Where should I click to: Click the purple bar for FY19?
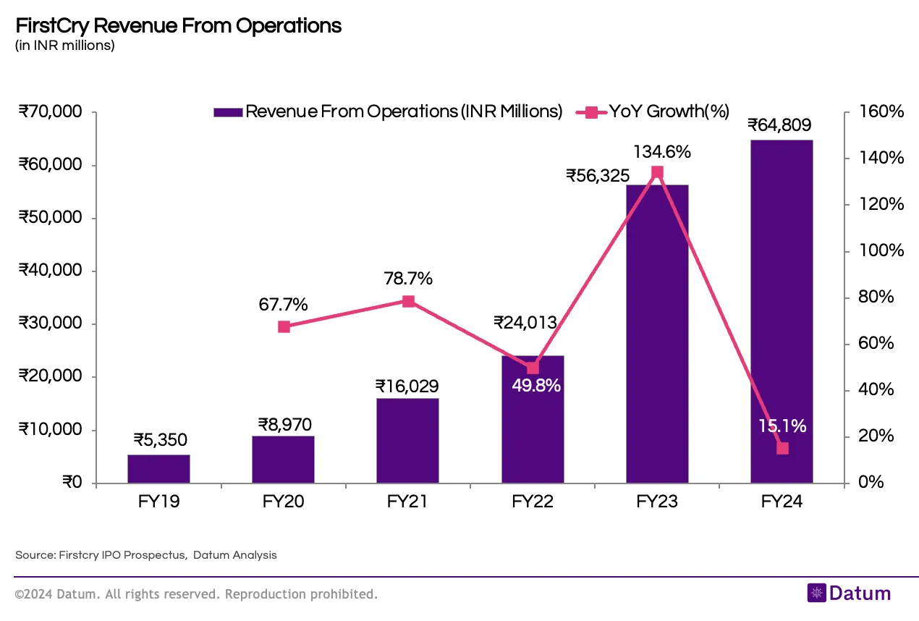click(x=158, y=469)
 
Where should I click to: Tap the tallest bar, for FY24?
click(x=782, y=311)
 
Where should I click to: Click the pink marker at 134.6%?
click(x=657, y=172)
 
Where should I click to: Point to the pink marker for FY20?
click(x=284, y=326)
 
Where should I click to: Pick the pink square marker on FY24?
click(x=782, y=448)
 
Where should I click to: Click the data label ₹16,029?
click(x=407, y=386)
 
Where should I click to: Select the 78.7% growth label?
click(x=408, y=279)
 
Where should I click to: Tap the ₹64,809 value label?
click(x=780, y=125)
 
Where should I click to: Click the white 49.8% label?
click(x=536, y=386)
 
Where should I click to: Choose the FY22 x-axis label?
click(x=532, y=502)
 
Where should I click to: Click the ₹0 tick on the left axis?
click(x=72, y=483)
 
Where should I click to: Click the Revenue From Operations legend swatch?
click(x=227, y=112)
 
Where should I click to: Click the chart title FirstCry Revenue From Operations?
click(x=178, y=26)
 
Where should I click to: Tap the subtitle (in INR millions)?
click(x=64, y=46)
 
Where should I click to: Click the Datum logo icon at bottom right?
click(x=817, y=593)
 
